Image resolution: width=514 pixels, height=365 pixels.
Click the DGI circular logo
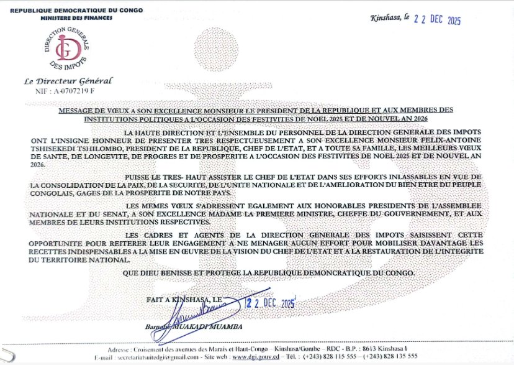click(x=61, y=45)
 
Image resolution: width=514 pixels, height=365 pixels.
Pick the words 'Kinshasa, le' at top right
click(x=389, y=20)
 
